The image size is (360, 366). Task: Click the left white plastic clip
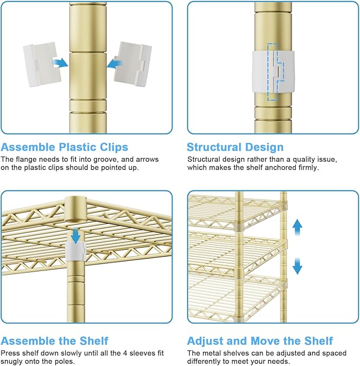(x=42, y=64)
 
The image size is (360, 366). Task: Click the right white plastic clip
(x=133, y=64)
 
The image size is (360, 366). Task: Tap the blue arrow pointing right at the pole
(x=60, y=63)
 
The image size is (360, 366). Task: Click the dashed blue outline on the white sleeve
(x=275, y=72)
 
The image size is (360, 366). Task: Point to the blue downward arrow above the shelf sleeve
(x=76, y=236)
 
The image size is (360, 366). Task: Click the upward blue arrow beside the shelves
(x=297, y=228)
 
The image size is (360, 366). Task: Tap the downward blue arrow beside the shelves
(x=297, y=266)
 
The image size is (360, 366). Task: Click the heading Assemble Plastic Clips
(x=64, y=147)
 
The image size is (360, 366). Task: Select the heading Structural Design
(x=235, y=147)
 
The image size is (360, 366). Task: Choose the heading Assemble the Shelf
(x=55, y=341)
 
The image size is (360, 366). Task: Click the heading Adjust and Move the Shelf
(x=260, y=341)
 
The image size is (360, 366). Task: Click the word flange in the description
(x=26, y=160)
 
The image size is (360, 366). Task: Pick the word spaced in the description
(x=333, y=353)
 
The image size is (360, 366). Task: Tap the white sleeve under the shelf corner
(x=75, y=251)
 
